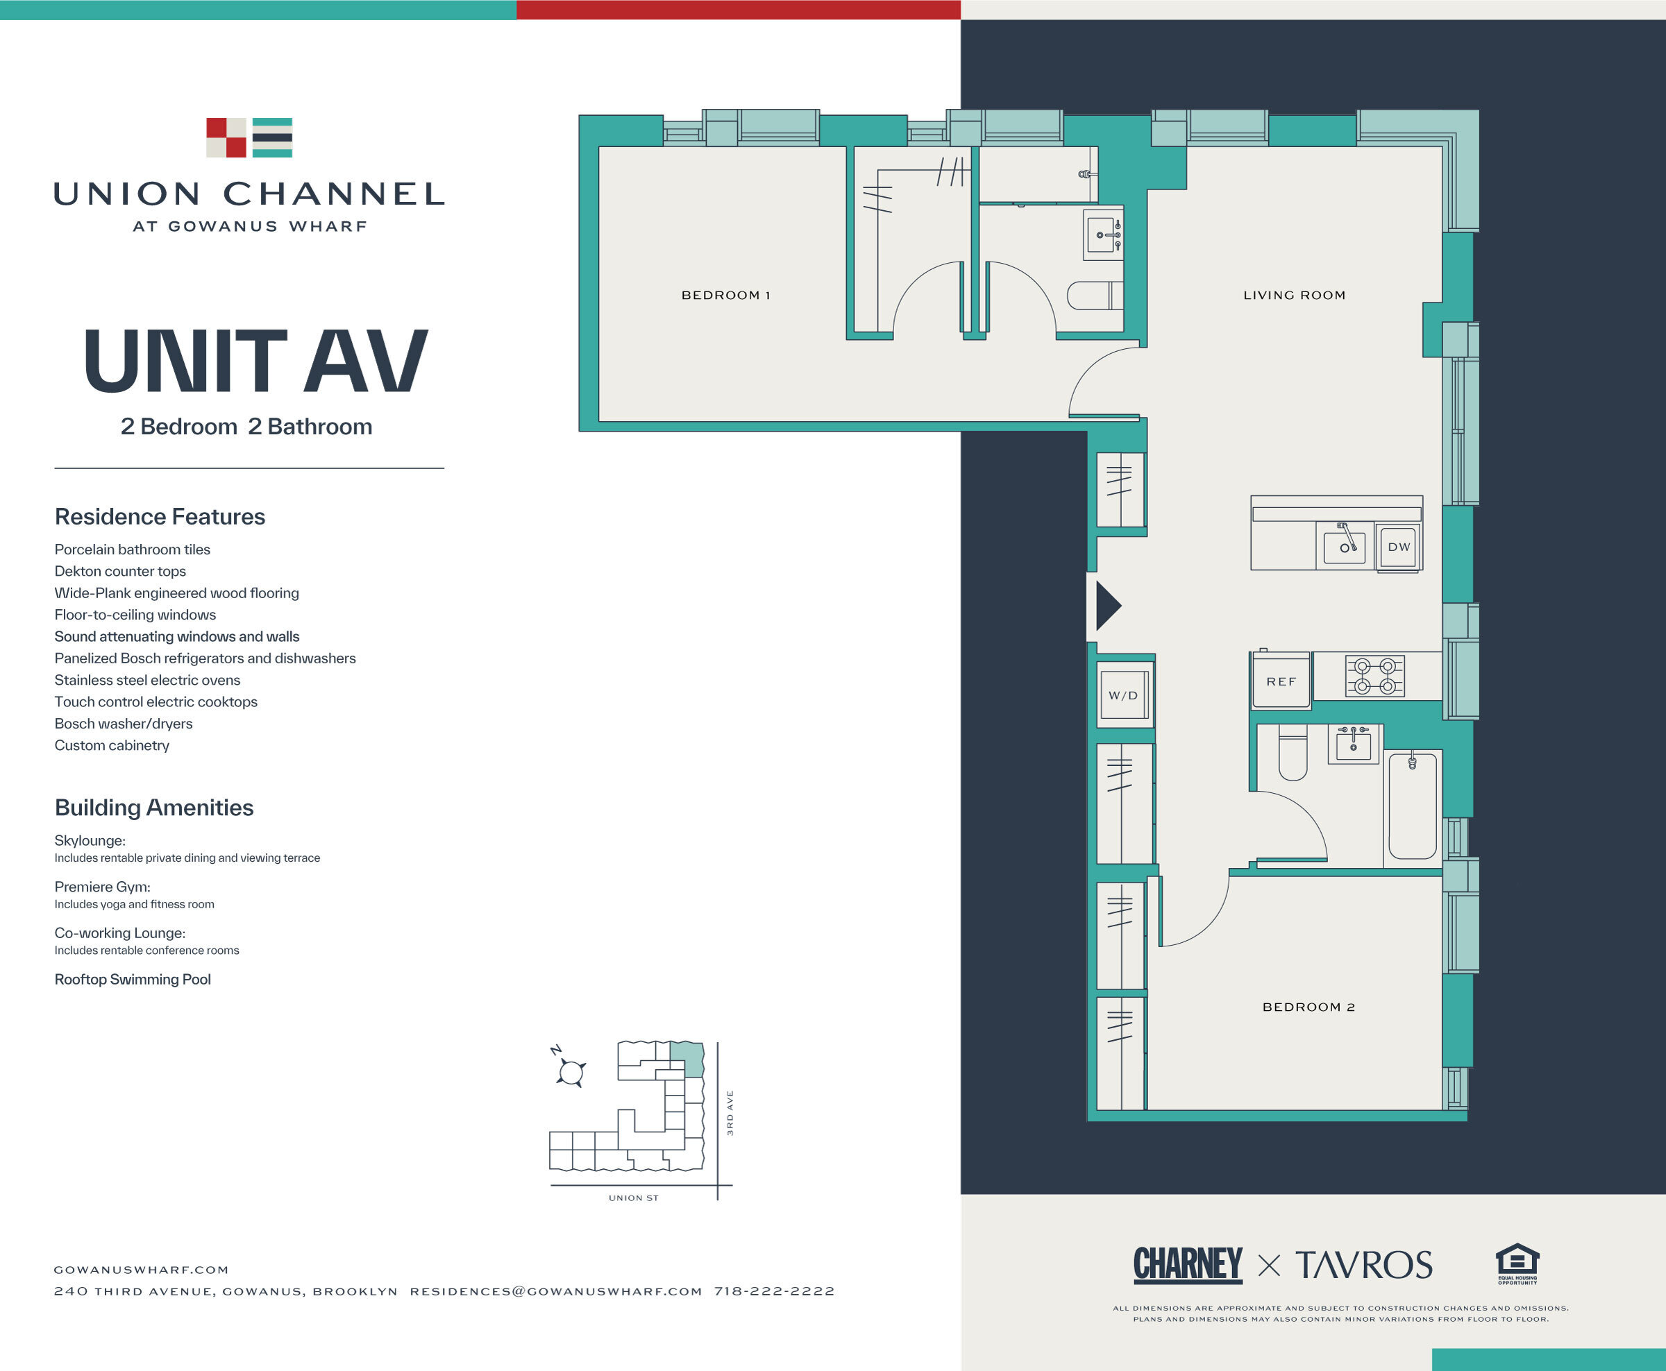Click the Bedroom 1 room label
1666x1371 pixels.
725,295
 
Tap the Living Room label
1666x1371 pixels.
1294,295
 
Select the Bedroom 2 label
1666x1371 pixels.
1308,1007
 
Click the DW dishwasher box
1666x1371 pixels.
1398,547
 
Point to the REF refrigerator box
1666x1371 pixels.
1281,681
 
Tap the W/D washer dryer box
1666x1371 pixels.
1122,696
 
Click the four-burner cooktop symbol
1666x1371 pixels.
1374,676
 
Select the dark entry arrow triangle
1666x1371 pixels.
1107,606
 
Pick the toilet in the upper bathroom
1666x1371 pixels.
1095,296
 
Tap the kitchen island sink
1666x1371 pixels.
1345,547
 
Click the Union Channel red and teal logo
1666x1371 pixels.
249,137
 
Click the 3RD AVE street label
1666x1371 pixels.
730,1113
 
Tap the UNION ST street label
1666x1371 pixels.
633,1198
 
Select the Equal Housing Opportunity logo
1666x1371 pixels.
1517,1263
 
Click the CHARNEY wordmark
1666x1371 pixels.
1187,1264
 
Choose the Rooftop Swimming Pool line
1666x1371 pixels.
133,979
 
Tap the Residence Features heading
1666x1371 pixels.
160,516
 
